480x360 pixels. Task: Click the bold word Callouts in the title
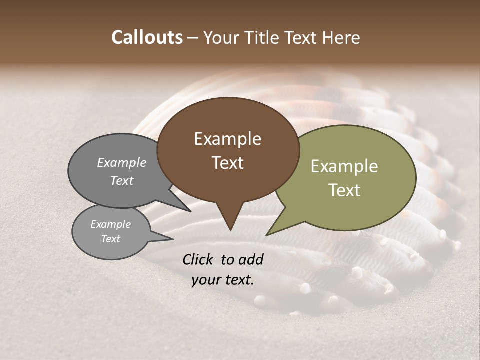[147, 37]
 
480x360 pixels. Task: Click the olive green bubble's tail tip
[267, 235]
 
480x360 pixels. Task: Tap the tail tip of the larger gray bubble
[190, 211]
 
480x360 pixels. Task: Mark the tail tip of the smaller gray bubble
[173, 239]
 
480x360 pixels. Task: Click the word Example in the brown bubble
[227, 139]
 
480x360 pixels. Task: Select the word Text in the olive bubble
[344, 190]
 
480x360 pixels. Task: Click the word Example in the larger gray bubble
[122, 162]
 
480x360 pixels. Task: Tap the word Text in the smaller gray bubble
[110, 239]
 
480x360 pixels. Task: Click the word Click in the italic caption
[198, 259]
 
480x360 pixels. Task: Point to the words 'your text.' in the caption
[222, 280]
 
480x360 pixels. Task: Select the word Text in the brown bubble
[227, 163]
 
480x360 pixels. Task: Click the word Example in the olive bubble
[344, 166]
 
